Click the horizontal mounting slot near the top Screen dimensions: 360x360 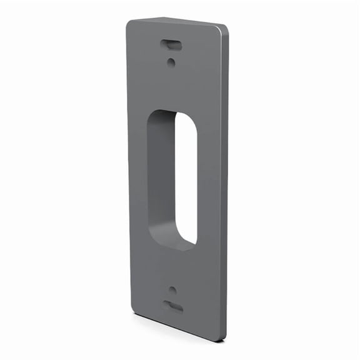pos(170,44)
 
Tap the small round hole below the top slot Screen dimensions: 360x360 pos(171,61)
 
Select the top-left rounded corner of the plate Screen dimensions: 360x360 pos(130,23)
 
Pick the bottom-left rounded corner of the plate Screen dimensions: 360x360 pos(132,309)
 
